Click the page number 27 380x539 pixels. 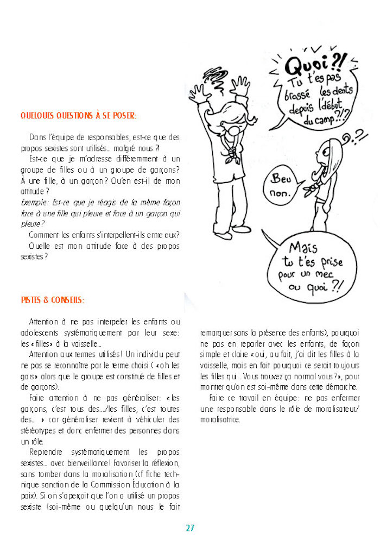190,528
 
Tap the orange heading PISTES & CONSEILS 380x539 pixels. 53,300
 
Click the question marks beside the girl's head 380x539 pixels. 357,138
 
